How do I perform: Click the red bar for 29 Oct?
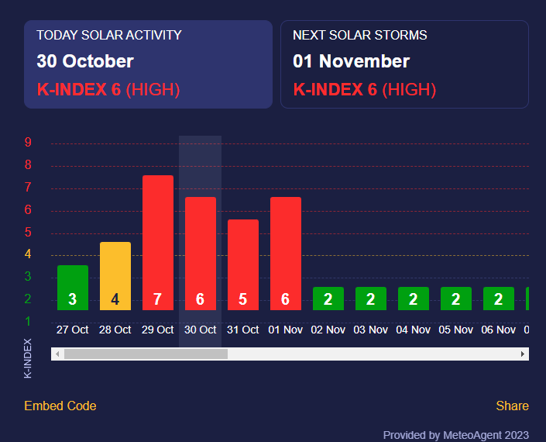pyautogui.click(x=158, y=242)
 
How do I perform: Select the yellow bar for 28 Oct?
pyautogui.click(x=115, y=275)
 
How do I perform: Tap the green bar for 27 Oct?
pyautogui.click(x=73, y=287)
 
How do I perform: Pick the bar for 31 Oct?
pyautogui.click(x=243, y=264)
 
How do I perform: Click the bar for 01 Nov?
pyautogui.click(x=286, y=253)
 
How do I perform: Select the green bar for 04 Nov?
pyautogui.click(x=414, y=299)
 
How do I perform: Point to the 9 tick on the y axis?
pyautogui.click(x=28, y=143)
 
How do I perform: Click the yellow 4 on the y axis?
pyautogui.click(x=28, y=254)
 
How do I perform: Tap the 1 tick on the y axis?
pyautogui.click(x=28, y=321)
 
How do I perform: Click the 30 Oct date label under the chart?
pyautogui.click(x=201, y=330)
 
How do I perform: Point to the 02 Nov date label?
pyautogui.click(x=328, y=330)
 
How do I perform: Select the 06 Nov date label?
pyautogui.click(x=499, y=330)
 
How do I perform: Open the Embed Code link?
pyautogui.click(x=60, y=406)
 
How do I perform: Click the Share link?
pyautogui.click(x=513, y=406)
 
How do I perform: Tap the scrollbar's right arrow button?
pyautogui.click(x=524, y=354)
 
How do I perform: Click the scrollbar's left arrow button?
pyautogui.click(x=57, y=354)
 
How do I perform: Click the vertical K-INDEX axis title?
pyautogui.click(x=29, y=357)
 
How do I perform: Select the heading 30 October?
pyautogui.click(x=85, y=61)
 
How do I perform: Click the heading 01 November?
pyautogui.click(x=352, y=61)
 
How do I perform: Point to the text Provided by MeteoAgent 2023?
pyautogui.click(x=456, y=435)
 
